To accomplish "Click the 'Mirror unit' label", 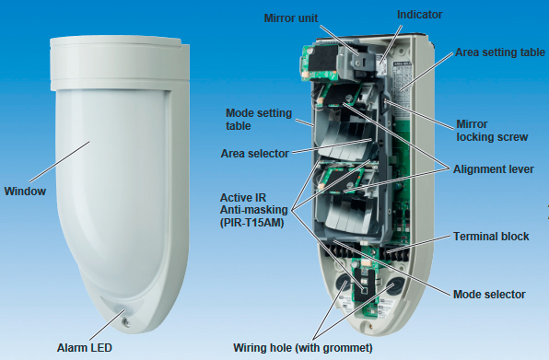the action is [290, 18].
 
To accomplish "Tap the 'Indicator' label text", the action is [419, 15].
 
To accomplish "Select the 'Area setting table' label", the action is [500, 52].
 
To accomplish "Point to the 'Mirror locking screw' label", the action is [492, 131].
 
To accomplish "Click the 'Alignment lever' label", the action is [494, 169].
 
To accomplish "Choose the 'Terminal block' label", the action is [491, 237].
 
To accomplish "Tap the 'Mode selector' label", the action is [489, 295].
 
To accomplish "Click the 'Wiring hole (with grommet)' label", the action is [303, 348].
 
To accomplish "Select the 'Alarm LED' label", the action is [85, 348].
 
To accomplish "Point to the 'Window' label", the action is [25, 192].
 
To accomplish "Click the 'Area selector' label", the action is [254, 154].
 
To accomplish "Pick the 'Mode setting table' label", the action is [259, 120].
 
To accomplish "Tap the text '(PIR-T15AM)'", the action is [251, 223].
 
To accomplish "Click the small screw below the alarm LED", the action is [127, 322].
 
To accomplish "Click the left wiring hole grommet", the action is [342, 284].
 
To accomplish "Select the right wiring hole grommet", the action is [396, 285].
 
